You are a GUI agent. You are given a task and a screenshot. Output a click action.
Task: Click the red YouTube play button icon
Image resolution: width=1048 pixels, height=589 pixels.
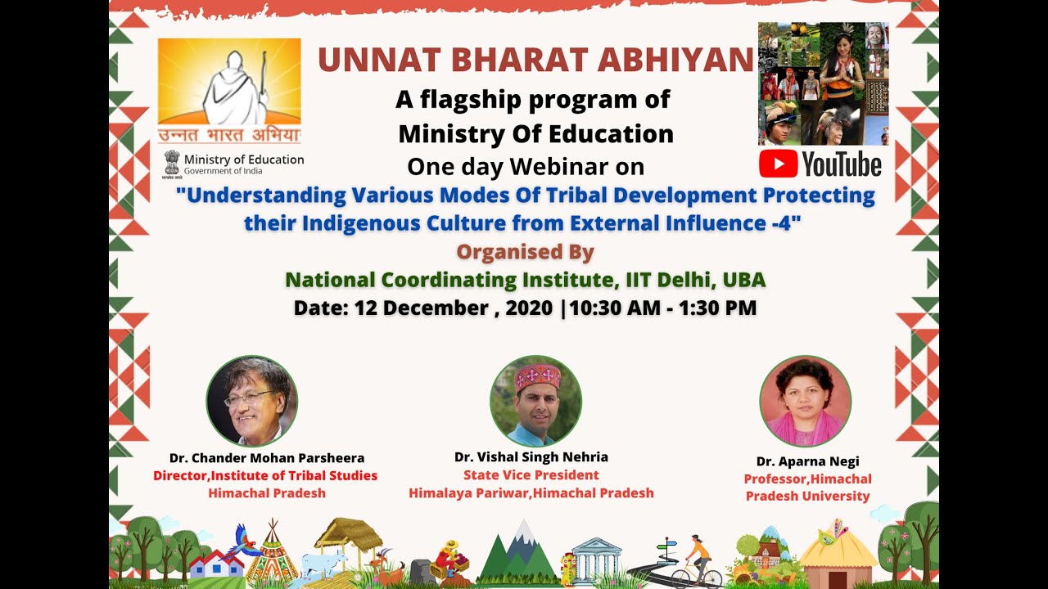click(x=778, y=164)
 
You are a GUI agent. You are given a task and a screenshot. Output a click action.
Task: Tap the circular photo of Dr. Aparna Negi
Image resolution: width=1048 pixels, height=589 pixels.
click(x=805, y=401)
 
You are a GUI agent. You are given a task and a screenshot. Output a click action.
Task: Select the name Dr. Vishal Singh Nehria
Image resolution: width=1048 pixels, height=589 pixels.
click(x=531, y=456)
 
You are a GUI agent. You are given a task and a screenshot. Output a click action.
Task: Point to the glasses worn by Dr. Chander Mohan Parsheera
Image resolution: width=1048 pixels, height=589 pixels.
click(x=247, y=398)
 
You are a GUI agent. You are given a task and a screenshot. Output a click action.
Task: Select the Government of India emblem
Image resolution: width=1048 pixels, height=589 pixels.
click(x=172, y=164)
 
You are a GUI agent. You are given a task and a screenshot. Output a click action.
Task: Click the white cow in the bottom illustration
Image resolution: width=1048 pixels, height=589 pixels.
click(x=323, y=564)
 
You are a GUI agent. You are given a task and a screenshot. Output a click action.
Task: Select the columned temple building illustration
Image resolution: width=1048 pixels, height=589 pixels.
click(x=596, y=561)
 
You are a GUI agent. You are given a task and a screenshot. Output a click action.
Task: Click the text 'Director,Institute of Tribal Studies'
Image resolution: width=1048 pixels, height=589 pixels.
click(x=265, y=475)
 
